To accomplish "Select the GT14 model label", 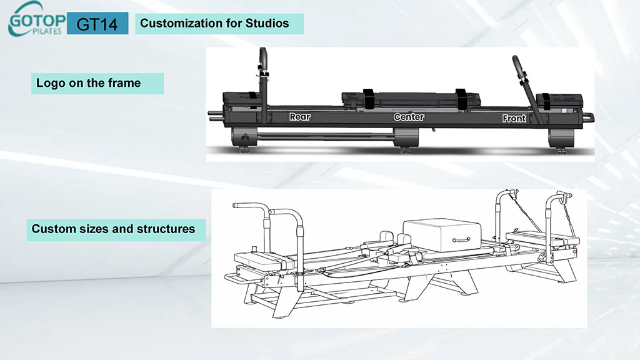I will click(x=97, y=24).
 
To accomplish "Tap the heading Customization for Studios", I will click(x=214, y=24).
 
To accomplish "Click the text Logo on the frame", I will click(x=88, y=82).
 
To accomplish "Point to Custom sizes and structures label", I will click(x=113, y=229).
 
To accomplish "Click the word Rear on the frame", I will click(x=299, y=117).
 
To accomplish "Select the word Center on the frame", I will click(x=409, y=117).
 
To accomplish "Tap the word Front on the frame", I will click(x=514, y=118).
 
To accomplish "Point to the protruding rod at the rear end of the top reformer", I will click(x=214, y=114).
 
